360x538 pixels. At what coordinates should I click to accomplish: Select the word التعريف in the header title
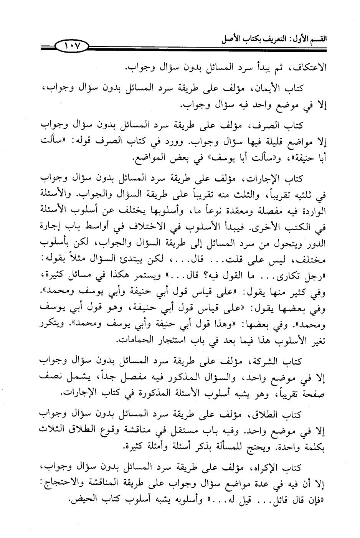[x=267, y=39]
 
